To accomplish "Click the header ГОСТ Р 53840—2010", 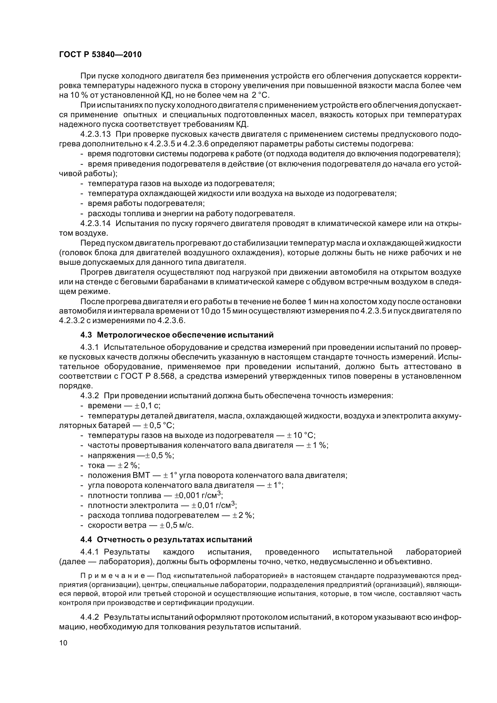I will [100, 55].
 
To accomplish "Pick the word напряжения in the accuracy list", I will [111, 455].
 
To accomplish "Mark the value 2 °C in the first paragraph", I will [260, 95].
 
